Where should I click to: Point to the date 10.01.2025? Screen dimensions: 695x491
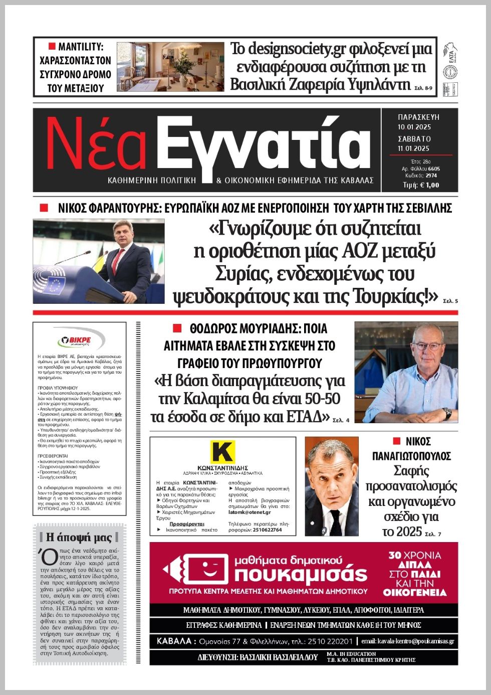coord(414,127)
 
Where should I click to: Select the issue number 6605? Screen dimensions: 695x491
coord(433,169)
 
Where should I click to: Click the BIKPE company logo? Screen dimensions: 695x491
coord(79,341)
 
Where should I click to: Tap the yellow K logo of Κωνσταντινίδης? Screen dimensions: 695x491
coord(222,451)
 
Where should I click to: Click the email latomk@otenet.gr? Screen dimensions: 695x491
coord(250,512)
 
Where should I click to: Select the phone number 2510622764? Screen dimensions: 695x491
coord(268,530)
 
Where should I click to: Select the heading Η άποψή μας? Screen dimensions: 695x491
coord(79,537)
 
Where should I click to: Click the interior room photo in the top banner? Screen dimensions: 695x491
coord(170,66)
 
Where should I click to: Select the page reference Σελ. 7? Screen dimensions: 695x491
coord(433,535)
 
